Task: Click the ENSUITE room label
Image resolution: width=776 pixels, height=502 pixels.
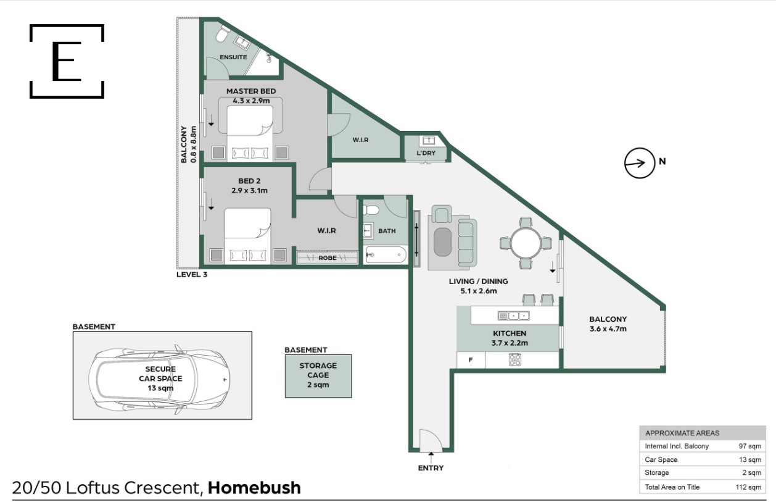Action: (233, 57)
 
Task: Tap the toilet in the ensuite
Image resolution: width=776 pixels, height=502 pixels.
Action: (222, 33)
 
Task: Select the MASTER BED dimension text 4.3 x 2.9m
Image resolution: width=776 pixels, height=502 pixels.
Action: (251, 101)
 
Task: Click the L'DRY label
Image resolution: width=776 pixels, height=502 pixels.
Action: (426, 153)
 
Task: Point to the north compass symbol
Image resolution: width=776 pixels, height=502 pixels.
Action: (640, 163)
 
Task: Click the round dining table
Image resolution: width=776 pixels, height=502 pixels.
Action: (526, 243)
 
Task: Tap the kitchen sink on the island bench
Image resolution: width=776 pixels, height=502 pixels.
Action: (514, 316)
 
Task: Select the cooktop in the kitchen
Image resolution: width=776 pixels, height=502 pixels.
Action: (515, 359)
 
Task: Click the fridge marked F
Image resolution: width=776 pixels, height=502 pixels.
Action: (471, 360)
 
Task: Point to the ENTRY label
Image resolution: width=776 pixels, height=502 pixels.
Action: (431, 468)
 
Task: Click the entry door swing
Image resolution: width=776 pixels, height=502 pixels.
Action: (431, 440)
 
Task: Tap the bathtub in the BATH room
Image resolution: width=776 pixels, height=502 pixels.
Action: (386, 255)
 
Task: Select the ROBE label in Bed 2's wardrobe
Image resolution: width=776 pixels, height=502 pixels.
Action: (328, 258)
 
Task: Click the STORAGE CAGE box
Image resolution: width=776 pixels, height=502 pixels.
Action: (318, 376)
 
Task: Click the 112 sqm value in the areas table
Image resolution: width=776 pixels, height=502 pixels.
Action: (748, 487)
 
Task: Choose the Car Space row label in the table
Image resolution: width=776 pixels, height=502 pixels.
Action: (661, 460)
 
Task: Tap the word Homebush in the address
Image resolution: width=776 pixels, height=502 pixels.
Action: (254, 488)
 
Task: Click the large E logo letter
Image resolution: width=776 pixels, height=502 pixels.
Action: (67, 61)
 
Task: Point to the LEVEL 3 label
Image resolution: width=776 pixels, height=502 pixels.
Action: (192, 275)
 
